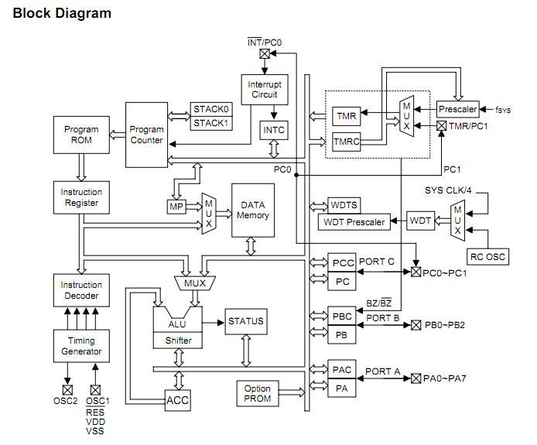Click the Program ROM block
[x=81, y=135]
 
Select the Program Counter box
[x=146, y=135]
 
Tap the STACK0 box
[x=211, y=109]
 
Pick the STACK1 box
[x=211, y=122]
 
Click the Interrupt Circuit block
[x=265, y=90]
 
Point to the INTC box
[x=275, y=130]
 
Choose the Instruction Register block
[x=81, y=197]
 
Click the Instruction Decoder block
[x=81, y=290]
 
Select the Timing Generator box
[x=81, y=346]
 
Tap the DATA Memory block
[x=253, y=211]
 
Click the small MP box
[x=175, y=207]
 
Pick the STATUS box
[x=245, y=321]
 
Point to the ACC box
[x=178, y=400]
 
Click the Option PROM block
[x=257, y=394]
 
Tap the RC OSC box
[x=487, y=256]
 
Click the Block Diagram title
[x=62, y=13]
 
